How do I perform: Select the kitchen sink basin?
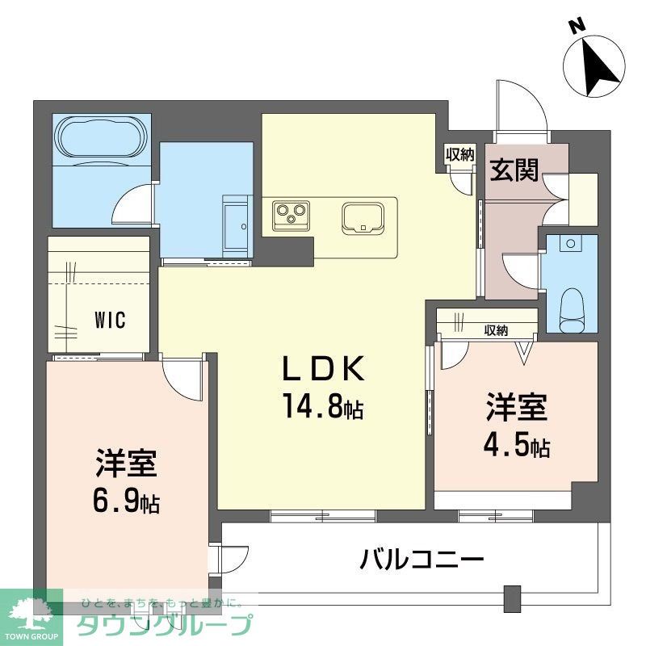pos(363,218)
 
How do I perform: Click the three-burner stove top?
pos(291,214)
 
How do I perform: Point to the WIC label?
pos(110,320)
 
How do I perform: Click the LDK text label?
pos(324,368)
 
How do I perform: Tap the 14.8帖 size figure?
pos(323,405)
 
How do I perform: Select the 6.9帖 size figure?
pos(127,498)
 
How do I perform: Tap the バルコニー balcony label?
pos(422,559)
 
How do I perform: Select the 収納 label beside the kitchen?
pos(459,154)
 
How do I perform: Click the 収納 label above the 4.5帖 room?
pos(496,330)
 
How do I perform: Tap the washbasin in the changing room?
pos(237,226)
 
